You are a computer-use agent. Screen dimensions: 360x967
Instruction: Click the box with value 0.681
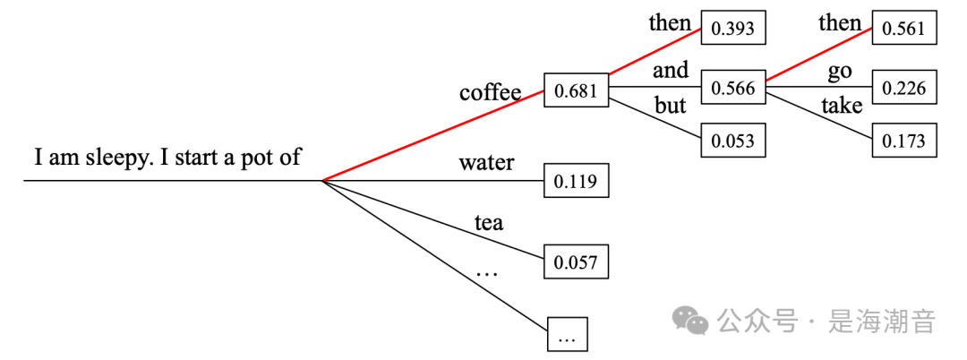click(x=577, y=91)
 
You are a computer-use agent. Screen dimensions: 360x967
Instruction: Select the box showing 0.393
click(x=733, y=29)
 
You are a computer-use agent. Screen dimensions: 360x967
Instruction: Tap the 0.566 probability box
click(x=733, y=88)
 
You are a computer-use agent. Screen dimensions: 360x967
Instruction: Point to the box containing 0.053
click(x=733, y=141)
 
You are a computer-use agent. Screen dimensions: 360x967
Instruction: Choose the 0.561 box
click(x=904, y=29)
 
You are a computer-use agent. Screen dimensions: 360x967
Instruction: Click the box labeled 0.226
click(x=904, y=88)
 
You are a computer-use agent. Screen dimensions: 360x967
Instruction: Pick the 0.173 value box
click(x=904, y=141)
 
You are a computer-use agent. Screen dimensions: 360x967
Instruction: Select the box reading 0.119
click(x=577, y=182)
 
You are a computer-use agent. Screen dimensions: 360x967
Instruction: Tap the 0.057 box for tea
click(x=577, y=262)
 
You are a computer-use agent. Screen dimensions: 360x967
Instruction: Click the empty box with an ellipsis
click(x=567, y=336)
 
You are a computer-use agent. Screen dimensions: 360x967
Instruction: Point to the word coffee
click(x=490, y=92)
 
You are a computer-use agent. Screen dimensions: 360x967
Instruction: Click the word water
click(x=486, y=163)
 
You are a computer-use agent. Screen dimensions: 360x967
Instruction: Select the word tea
click(x=488, y=223)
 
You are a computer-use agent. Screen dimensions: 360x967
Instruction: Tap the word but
click(x=670, y=106)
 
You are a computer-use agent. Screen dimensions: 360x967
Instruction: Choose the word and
click(x=671, y=70)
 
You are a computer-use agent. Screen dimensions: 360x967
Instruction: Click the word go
click(x=840, y=71)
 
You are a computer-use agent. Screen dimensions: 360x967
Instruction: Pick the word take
click(x=842, y=106)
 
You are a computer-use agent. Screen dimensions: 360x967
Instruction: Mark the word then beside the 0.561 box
click(x=840, y=22)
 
